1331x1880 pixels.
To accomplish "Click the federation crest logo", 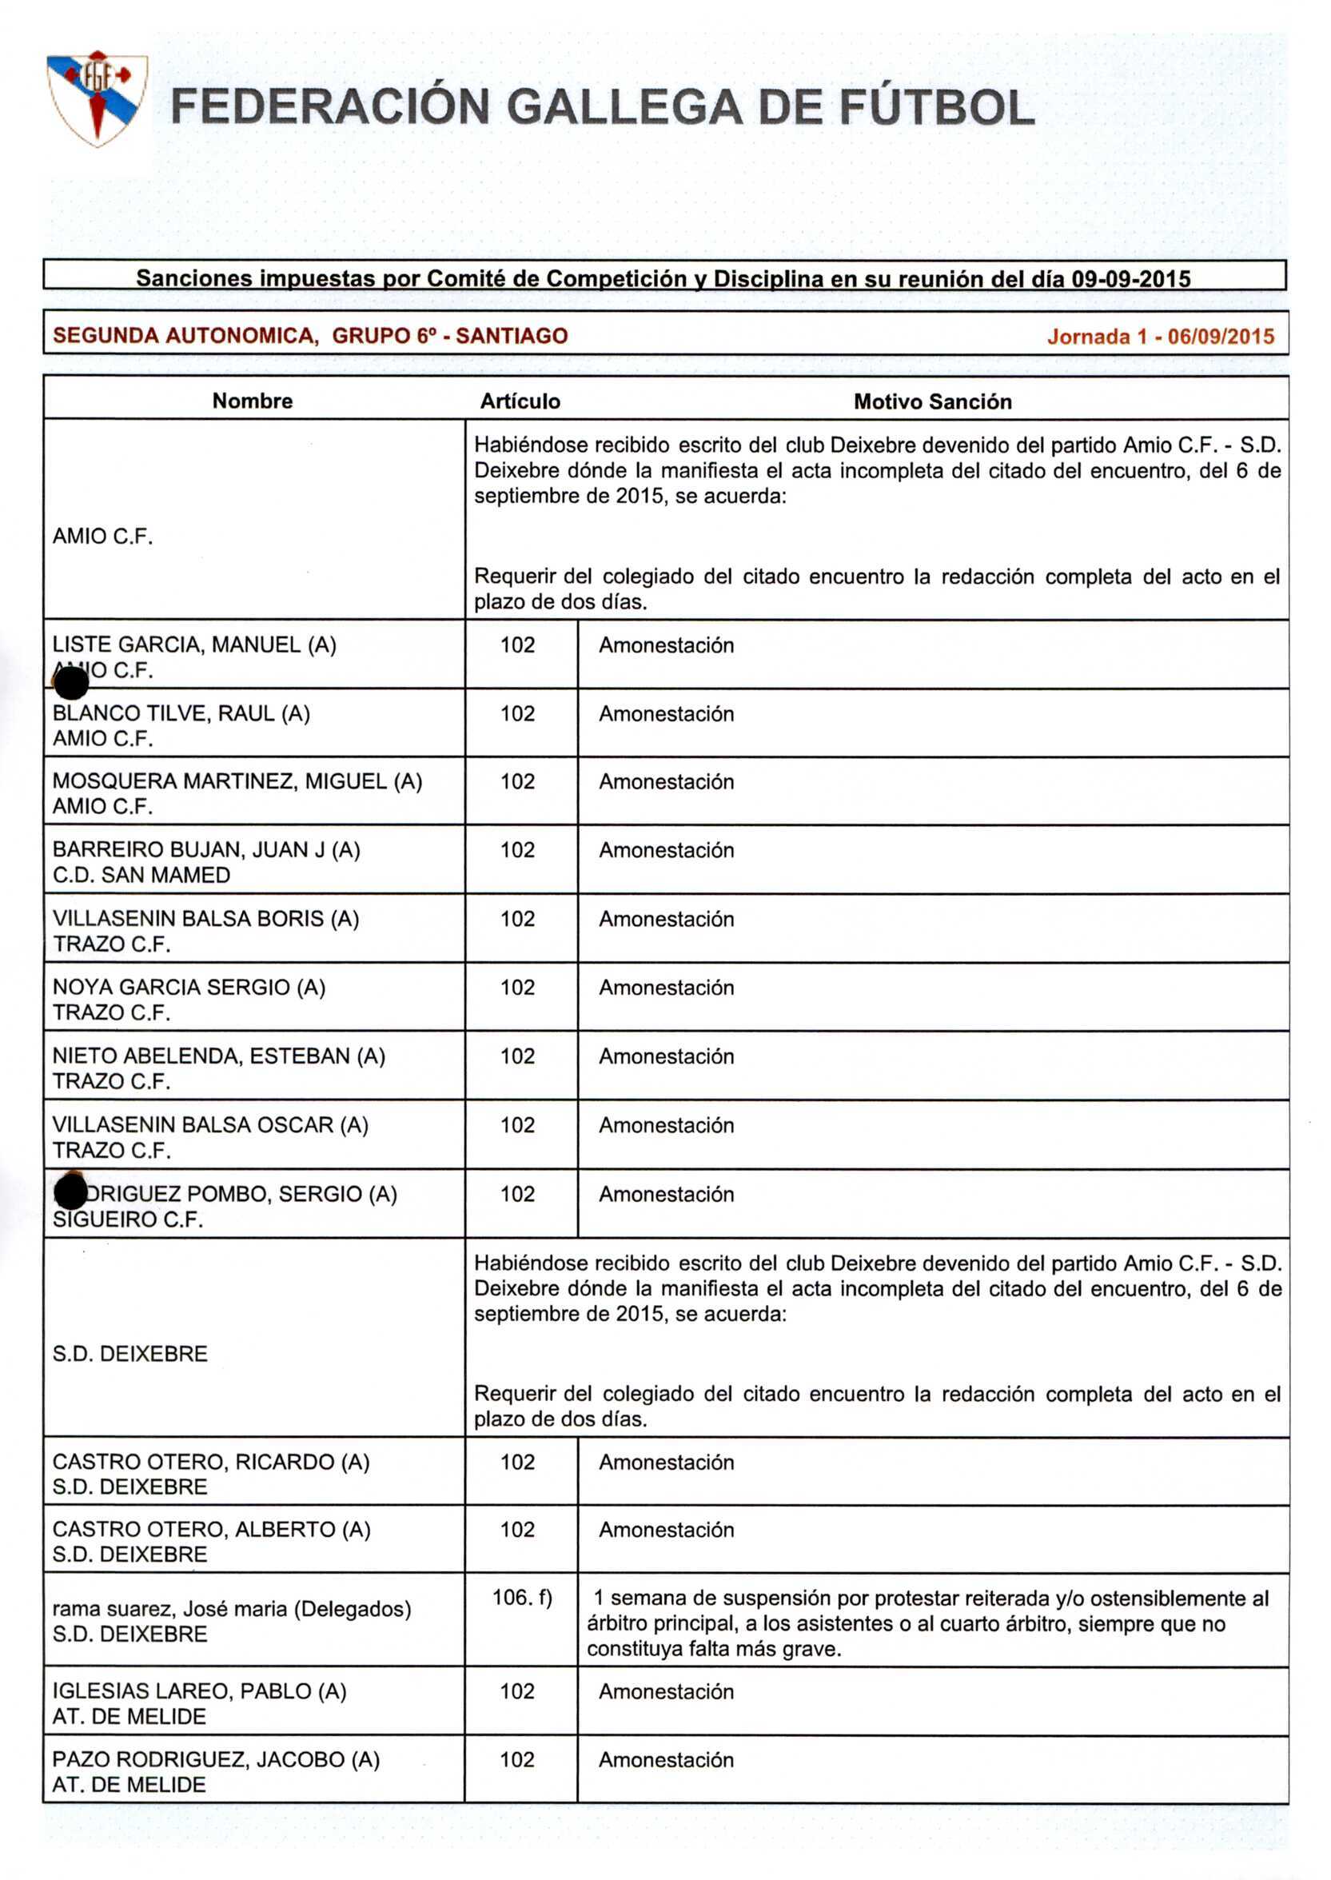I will coord(97,98).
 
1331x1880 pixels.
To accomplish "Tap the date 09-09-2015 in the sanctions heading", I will coord(1131,279).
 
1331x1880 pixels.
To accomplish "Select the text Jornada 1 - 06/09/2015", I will coord(1160,336).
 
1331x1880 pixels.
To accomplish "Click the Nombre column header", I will coord(253,401).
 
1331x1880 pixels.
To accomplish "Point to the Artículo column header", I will coord(520,401).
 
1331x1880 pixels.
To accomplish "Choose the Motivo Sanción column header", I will coord(932,401).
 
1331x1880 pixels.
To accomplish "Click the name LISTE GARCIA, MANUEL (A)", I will coord(194,645).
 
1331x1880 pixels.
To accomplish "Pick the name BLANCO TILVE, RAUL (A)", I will coord(181,713).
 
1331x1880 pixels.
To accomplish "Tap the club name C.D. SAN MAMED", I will coord(141,875).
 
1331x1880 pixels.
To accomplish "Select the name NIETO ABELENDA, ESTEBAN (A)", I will coord(219,1056).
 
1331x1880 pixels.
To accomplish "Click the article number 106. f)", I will coord(521,1597).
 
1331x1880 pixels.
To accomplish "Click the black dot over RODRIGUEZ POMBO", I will coord(70,1191).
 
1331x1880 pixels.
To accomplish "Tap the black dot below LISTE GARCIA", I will coord(70,682).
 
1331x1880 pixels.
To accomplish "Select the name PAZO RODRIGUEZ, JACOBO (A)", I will coord(216,1759).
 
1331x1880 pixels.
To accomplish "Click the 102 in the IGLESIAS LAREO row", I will coord(517,1691).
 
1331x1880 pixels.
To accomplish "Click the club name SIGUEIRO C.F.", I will coord(128,1219).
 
